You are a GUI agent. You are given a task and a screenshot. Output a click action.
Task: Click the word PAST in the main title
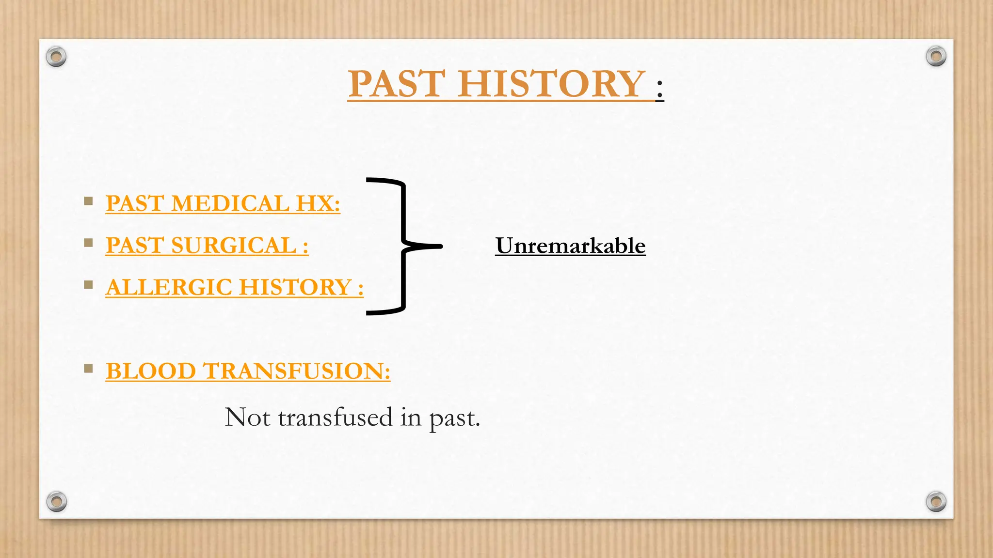(x=396, y=84)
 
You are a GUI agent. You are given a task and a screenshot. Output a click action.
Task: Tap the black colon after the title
(x=659, y=90)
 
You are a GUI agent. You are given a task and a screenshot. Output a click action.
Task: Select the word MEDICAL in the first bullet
(x=230, y=203)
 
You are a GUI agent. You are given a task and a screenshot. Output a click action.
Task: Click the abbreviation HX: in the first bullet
(x=318, y=203)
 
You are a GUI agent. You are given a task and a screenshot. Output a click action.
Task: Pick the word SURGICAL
(x=234, y=246)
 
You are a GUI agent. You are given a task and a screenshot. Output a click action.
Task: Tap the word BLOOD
(x=150, y=372)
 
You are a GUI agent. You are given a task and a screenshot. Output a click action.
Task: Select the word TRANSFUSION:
(x=297, y=372)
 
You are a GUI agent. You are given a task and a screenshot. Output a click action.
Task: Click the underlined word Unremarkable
(x=570, y=246)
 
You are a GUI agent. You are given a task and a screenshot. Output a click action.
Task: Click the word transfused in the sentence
(x=335, y=418)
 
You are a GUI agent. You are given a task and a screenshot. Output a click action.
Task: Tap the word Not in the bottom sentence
(x=247, y=418)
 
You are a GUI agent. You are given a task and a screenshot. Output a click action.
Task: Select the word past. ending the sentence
(x=454, y=418)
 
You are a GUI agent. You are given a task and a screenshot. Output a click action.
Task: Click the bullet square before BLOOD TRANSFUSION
(x=88, y=369)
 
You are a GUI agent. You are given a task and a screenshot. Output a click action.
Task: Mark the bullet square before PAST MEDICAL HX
(x=88, y=201)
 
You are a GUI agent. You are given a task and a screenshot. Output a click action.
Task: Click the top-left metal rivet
(x=56, y=57)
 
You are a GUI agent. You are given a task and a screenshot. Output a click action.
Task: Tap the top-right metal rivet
(x=936, y=56)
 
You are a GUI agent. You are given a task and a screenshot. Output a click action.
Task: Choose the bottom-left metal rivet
(x=56, y=501)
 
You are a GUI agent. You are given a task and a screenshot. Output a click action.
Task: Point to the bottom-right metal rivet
(x=936, y=501)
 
